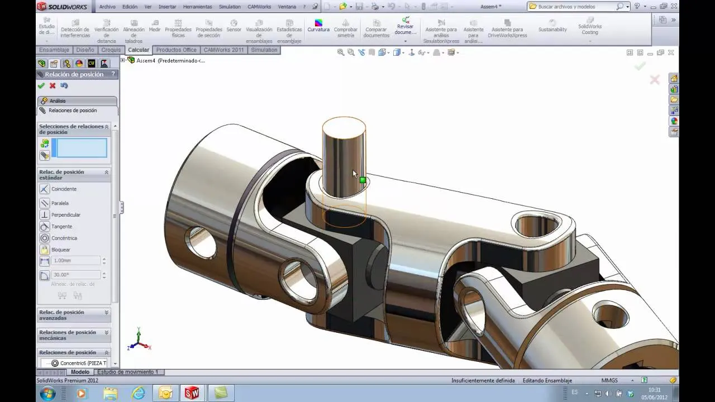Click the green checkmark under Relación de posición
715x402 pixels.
41,86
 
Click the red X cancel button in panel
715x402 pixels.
53,86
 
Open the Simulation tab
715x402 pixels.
264,50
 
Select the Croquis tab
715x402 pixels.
111,50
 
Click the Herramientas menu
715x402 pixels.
197,7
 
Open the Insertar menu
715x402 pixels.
167,7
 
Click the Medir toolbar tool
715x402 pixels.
155,26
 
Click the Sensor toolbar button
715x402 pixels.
233,26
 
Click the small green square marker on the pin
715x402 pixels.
363,180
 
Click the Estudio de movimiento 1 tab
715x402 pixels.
127,372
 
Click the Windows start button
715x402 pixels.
47,393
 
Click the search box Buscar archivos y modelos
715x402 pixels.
575,7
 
